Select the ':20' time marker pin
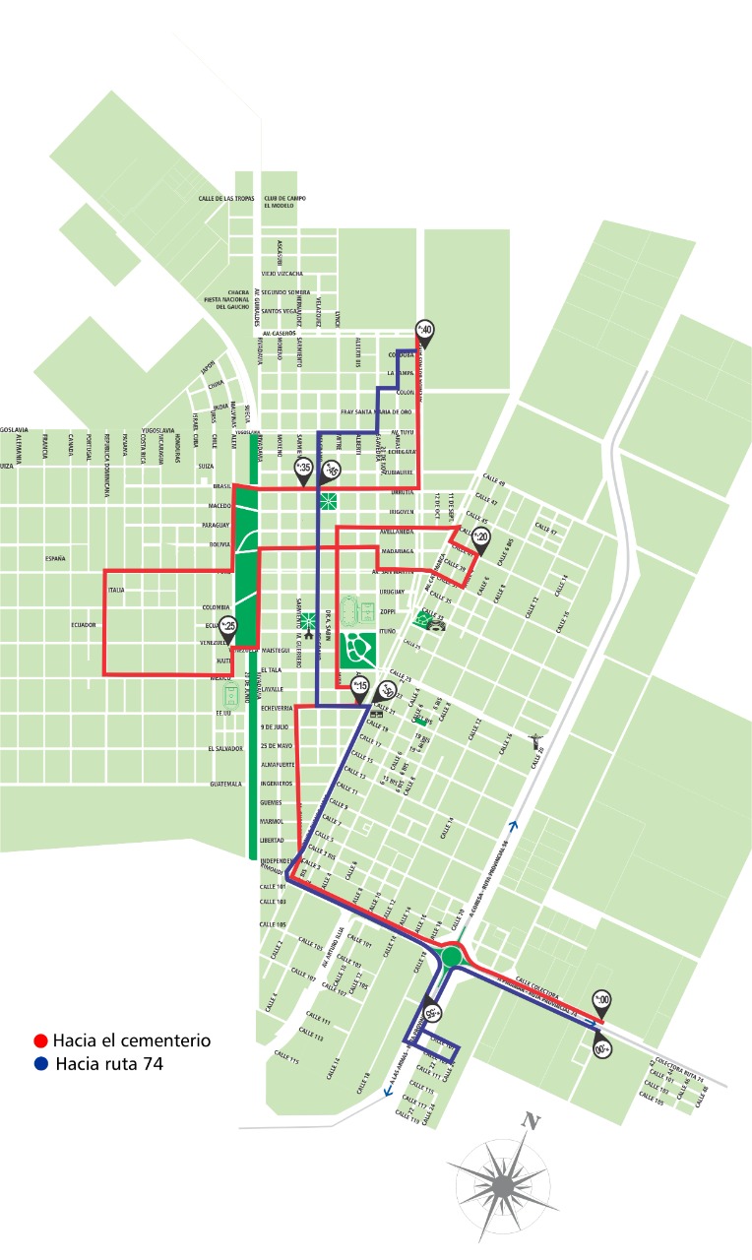tap(481, 537)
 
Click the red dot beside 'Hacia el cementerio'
tap(40, 1040)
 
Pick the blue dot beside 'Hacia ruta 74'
tap(40, 1063)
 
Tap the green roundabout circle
tap(452, 956)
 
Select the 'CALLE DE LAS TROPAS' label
tap(226, 199)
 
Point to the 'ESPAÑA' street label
tap(55, 559)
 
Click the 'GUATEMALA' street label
tap(225, 785)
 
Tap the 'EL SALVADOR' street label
tap(225, 748)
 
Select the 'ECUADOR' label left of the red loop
tap(83, 625)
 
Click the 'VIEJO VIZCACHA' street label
tap(282, 274)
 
